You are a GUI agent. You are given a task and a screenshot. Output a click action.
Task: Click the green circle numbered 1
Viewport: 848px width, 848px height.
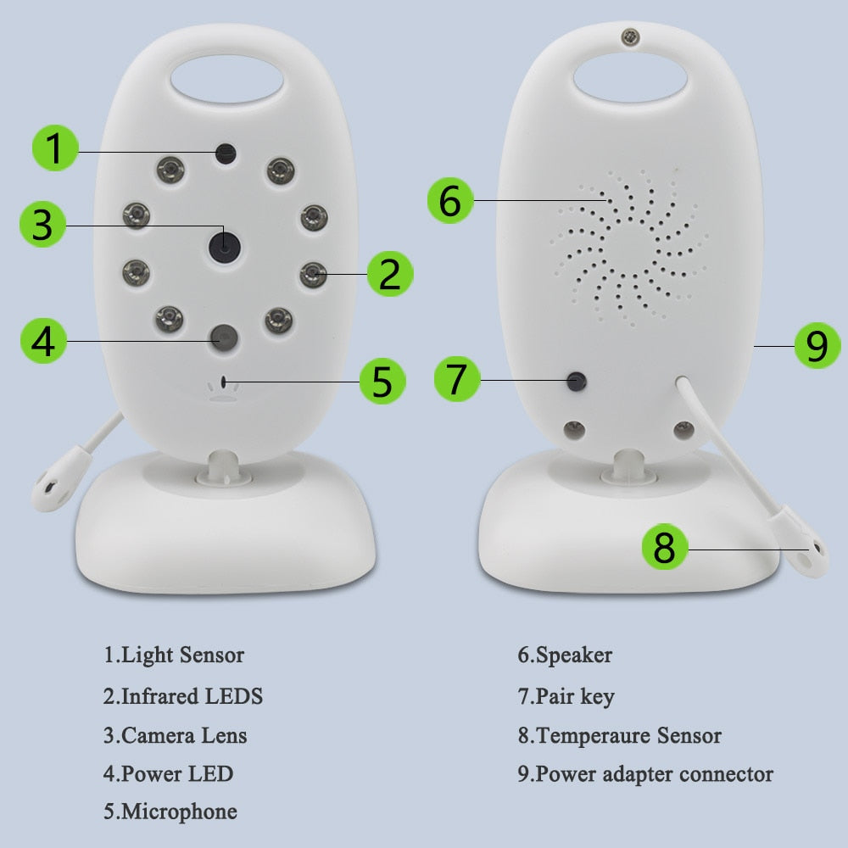click(x=55, y=148)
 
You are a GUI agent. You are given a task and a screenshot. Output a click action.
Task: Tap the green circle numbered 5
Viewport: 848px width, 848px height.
click(x=382, y=381)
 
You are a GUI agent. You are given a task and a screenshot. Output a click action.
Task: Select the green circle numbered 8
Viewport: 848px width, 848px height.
click(x=665, y=546)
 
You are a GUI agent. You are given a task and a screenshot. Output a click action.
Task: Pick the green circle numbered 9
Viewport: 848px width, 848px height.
click(x=817, y=346)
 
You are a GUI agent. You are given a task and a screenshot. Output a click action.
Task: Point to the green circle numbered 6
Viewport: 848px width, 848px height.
click(x=450, y=201)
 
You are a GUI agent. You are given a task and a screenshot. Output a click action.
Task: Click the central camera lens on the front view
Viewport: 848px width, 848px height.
click(x=225, y=247)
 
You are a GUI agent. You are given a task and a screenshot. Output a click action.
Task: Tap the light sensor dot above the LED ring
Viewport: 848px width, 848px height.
click(x=226, y=153)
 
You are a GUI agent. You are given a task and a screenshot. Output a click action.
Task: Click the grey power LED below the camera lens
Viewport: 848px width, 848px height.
click(x=224, y=338)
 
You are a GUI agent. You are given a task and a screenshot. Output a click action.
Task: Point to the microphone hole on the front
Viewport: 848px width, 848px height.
click(x=223, y=382)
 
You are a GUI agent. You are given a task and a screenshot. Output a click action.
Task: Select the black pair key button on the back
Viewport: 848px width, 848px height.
click(x=577, y=382)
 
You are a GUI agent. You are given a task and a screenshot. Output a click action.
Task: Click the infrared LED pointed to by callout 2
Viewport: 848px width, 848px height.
click(x=313, y=274)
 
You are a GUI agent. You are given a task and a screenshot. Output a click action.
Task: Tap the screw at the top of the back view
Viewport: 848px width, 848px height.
click(x=630, y=37)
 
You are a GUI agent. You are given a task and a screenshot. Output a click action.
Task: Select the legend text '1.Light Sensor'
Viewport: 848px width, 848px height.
click(x=174, y=656)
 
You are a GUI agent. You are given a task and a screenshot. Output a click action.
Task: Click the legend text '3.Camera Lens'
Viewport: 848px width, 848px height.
click(x=176, y=735)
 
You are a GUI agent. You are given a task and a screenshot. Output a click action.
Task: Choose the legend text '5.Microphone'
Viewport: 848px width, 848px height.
click(x=170, y=812)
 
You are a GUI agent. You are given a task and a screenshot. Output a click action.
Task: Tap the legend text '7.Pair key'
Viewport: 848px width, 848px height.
click(x=566, y=696)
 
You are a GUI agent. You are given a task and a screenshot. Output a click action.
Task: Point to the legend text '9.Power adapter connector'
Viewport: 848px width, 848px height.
click(x=645, y=774)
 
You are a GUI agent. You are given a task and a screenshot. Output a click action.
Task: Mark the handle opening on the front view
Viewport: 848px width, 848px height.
click(x=227, y=79)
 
